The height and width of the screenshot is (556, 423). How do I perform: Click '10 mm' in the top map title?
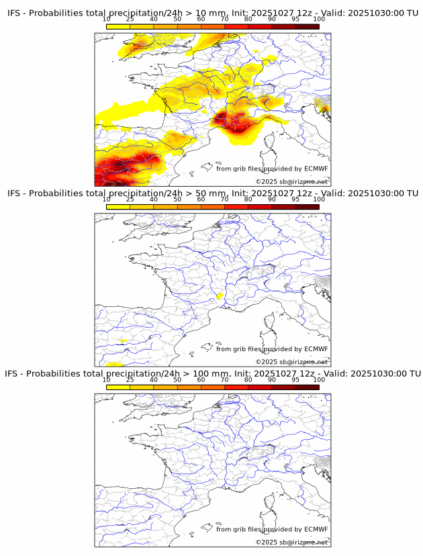click(x=204, y=13)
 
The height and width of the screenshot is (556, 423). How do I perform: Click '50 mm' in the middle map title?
click(x=204, y=193)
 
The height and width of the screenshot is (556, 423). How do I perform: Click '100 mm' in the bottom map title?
click(x=206, y=373)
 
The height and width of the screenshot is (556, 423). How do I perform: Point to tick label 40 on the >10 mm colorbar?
click(x=154, y=19)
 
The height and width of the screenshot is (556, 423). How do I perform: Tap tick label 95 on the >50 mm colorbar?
click(x=295, y=199)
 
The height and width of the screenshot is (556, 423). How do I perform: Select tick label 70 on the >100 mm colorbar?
click(x=224, y=379)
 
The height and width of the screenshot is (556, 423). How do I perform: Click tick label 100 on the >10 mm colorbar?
click(x=318, y=19)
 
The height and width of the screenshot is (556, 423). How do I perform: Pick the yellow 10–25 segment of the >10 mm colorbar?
click(x=118, y=26)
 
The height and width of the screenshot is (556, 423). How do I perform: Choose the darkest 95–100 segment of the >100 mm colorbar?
click(x=307, y=387)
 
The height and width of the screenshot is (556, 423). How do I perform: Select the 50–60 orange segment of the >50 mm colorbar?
click(x=189, y=207)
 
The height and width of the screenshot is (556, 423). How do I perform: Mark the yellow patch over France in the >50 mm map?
click(x=219, y=295)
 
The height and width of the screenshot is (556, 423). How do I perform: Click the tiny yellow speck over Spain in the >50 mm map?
click(x=124, y=341)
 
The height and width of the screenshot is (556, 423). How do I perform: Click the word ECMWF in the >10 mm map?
click(x=316, y=169)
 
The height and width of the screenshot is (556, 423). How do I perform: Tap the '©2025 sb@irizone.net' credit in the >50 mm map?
click(x=291, y=362)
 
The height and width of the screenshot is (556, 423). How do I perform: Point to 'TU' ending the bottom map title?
click(x=413, y=373)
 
